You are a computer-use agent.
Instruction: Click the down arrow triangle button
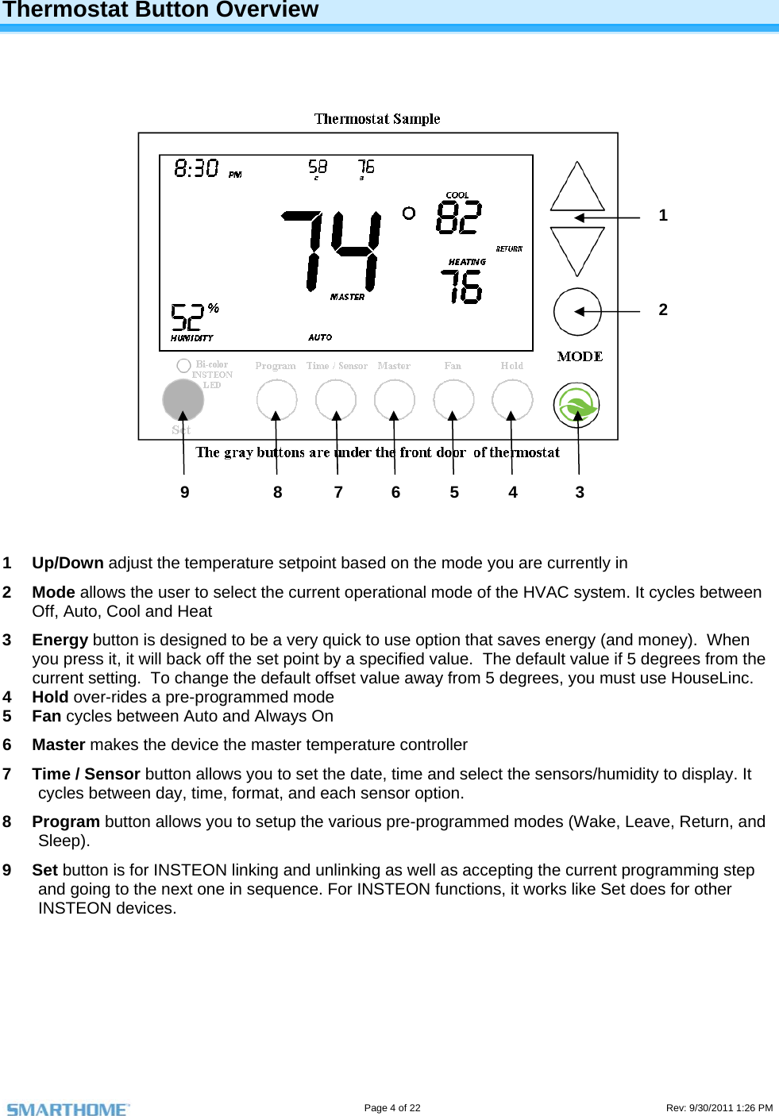point(577,247)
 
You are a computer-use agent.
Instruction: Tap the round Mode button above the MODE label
point(577,312)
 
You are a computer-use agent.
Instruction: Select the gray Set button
point(183,399)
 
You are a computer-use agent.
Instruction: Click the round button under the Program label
point(276,399)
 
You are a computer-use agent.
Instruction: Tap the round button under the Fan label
point(453,399)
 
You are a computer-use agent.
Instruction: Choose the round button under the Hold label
point(512,399)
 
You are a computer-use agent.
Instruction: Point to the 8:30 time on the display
point(196,168)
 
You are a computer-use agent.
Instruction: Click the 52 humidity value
point(187,317)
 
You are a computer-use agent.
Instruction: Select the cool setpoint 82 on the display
point(459,217)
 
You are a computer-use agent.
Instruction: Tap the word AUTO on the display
point(320,337)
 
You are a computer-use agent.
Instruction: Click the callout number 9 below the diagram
point(185,492)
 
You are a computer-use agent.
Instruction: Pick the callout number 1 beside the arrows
point(663,215)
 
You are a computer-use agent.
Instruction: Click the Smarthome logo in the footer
point(68,1109)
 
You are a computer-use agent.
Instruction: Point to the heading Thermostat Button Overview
point(160,10)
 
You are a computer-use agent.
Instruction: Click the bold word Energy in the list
point(60,640)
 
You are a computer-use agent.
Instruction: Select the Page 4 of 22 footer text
point(392,1108)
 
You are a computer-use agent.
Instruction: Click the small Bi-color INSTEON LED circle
point(183,365)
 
